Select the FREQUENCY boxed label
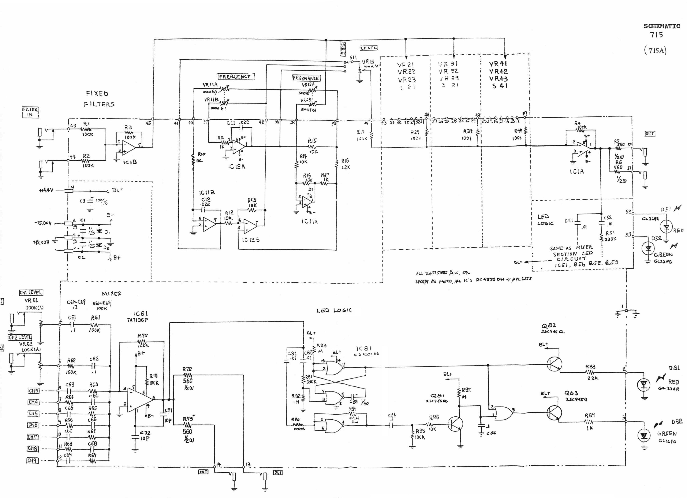click(x=235, y=77)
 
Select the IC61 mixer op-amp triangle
click(x=139, y=400)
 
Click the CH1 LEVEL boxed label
click(x=31, y=293)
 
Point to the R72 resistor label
click(x=187, y=369)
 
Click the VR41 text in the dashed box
click(x=498, y=64)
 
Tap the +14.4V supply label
click(x=46, y=190)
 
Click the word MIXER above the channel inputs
click(x=111, y=294)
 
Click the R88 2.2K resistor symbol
click(x=589, y=372)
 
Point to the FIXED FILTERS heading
click(x=98, y=99)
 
